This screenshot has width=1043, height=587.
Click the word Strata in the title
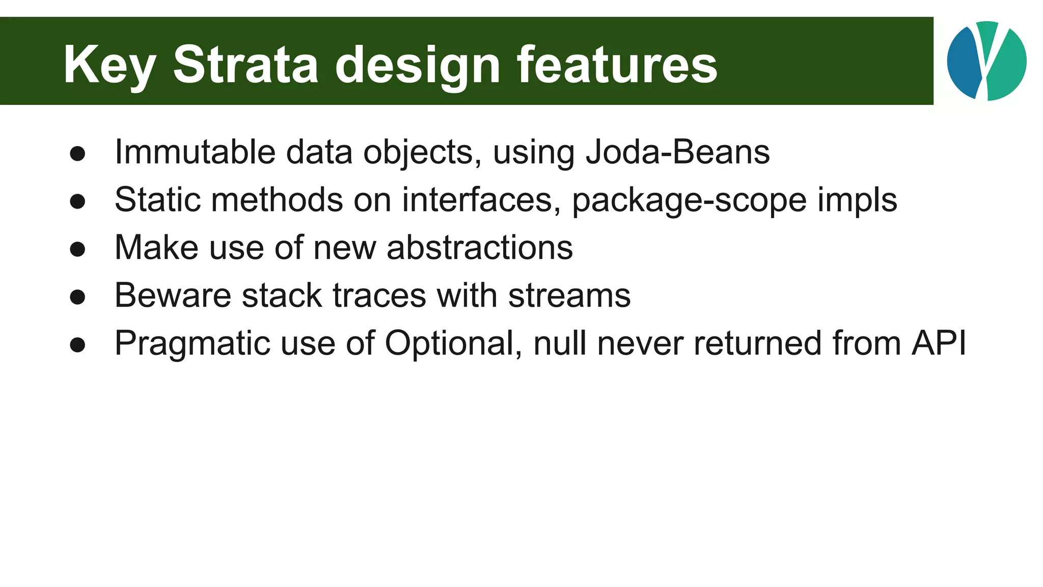click(245, 65)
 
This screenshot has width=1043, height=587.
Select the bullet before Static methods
click(77, 202)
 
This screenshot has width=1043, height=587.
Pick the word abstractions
click(479, 248)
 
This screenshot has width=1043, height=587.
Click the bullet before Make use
click(77, 250)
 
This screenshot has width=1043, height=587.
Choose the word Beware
click(173, 296)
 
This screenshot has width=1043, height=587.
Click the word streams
click(569, 296)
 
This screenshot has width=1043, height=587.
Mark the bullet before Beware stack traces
click(77, 297)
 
